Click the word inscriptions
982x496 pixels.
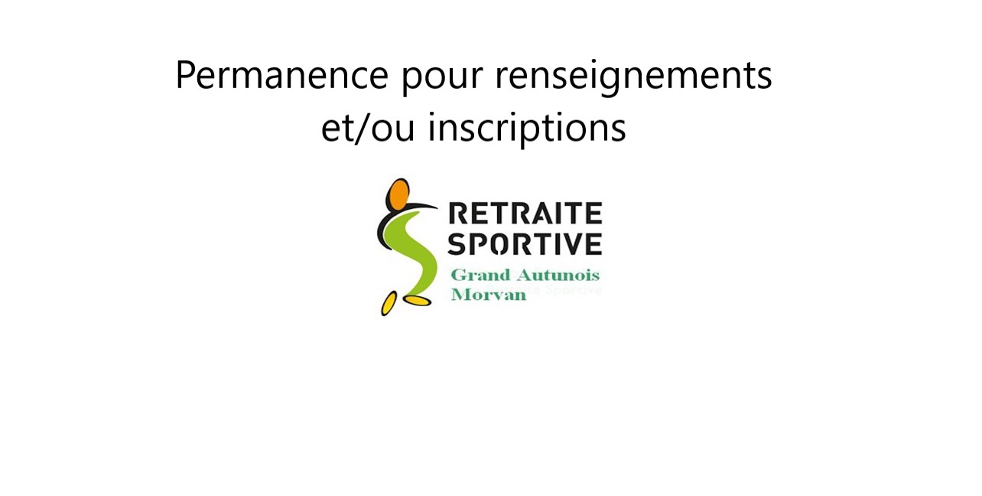[x=527, y=128]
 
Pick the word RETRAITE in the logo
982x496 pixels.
[x=525, y=214]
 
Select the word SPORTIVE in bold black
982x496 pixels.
[x=525, y=244]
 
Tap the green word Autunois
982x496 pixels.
[x=558, y=275]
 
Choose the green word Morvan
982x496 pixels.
[x=488, y=295]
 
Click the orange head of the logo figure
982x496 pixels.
[x=398, y=194]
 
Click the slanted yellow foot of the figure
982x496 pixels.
[x=389, y=304]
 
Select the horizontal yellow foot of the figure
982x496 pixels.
[x=418, y=301]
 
